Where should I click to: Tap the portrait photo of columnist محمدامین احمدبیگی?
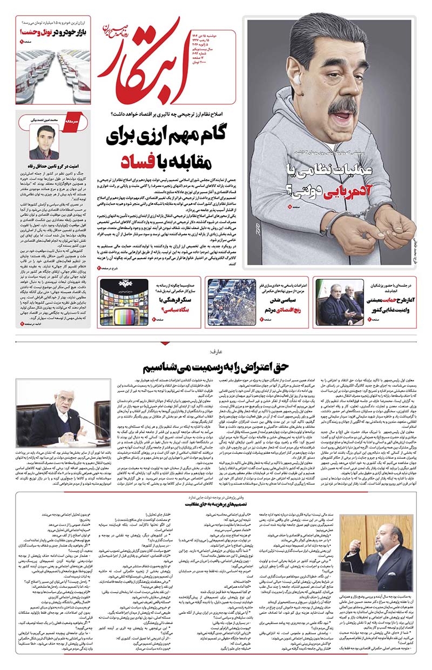pyautogui.click(x=44, y=143)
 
